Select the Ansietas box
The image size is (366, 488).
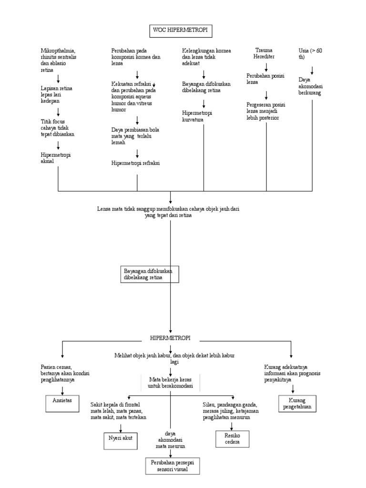62,401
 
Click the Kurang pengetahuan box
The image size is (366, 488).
296,403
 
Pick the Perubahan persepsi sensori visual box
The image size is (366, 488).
173,466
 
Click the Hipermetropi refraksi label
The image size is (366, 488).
135,163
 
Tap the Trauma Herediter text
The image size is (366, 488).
265,53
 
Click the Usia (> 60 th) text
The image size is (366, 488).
310,53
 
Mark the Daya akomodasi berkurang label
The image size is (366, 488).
310,86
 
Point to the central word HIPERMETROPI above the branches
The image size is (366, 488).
170,338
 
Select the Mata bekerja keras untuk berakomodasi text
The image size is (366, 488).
170,383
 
